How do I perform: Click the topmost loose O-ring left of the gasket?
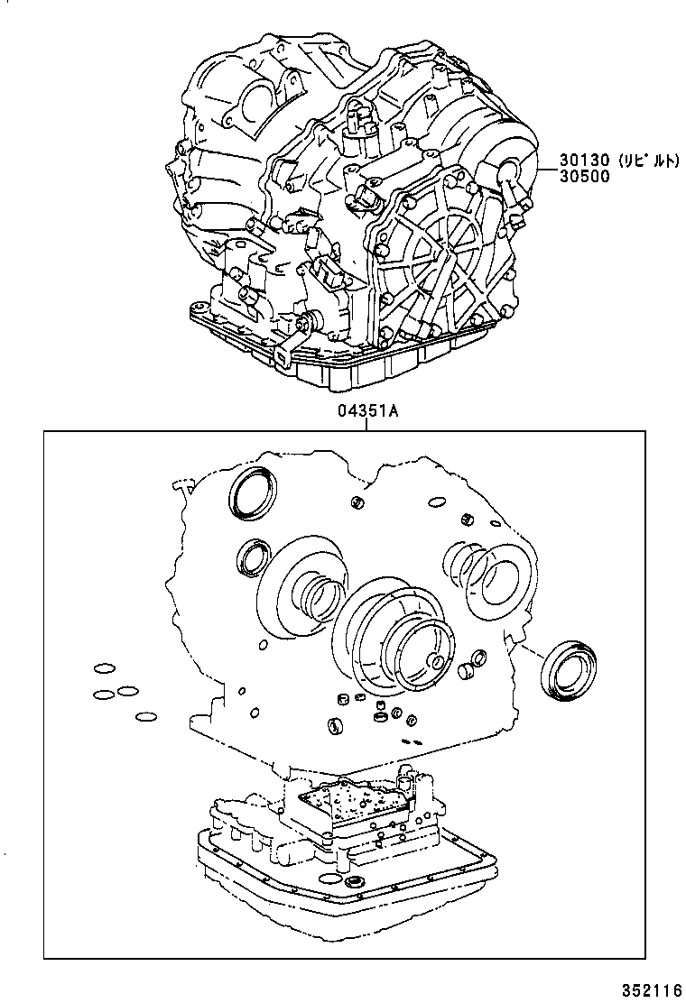[x=104, y=669]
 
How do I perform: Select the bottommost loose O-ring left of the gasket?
[x=145, y=718]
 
